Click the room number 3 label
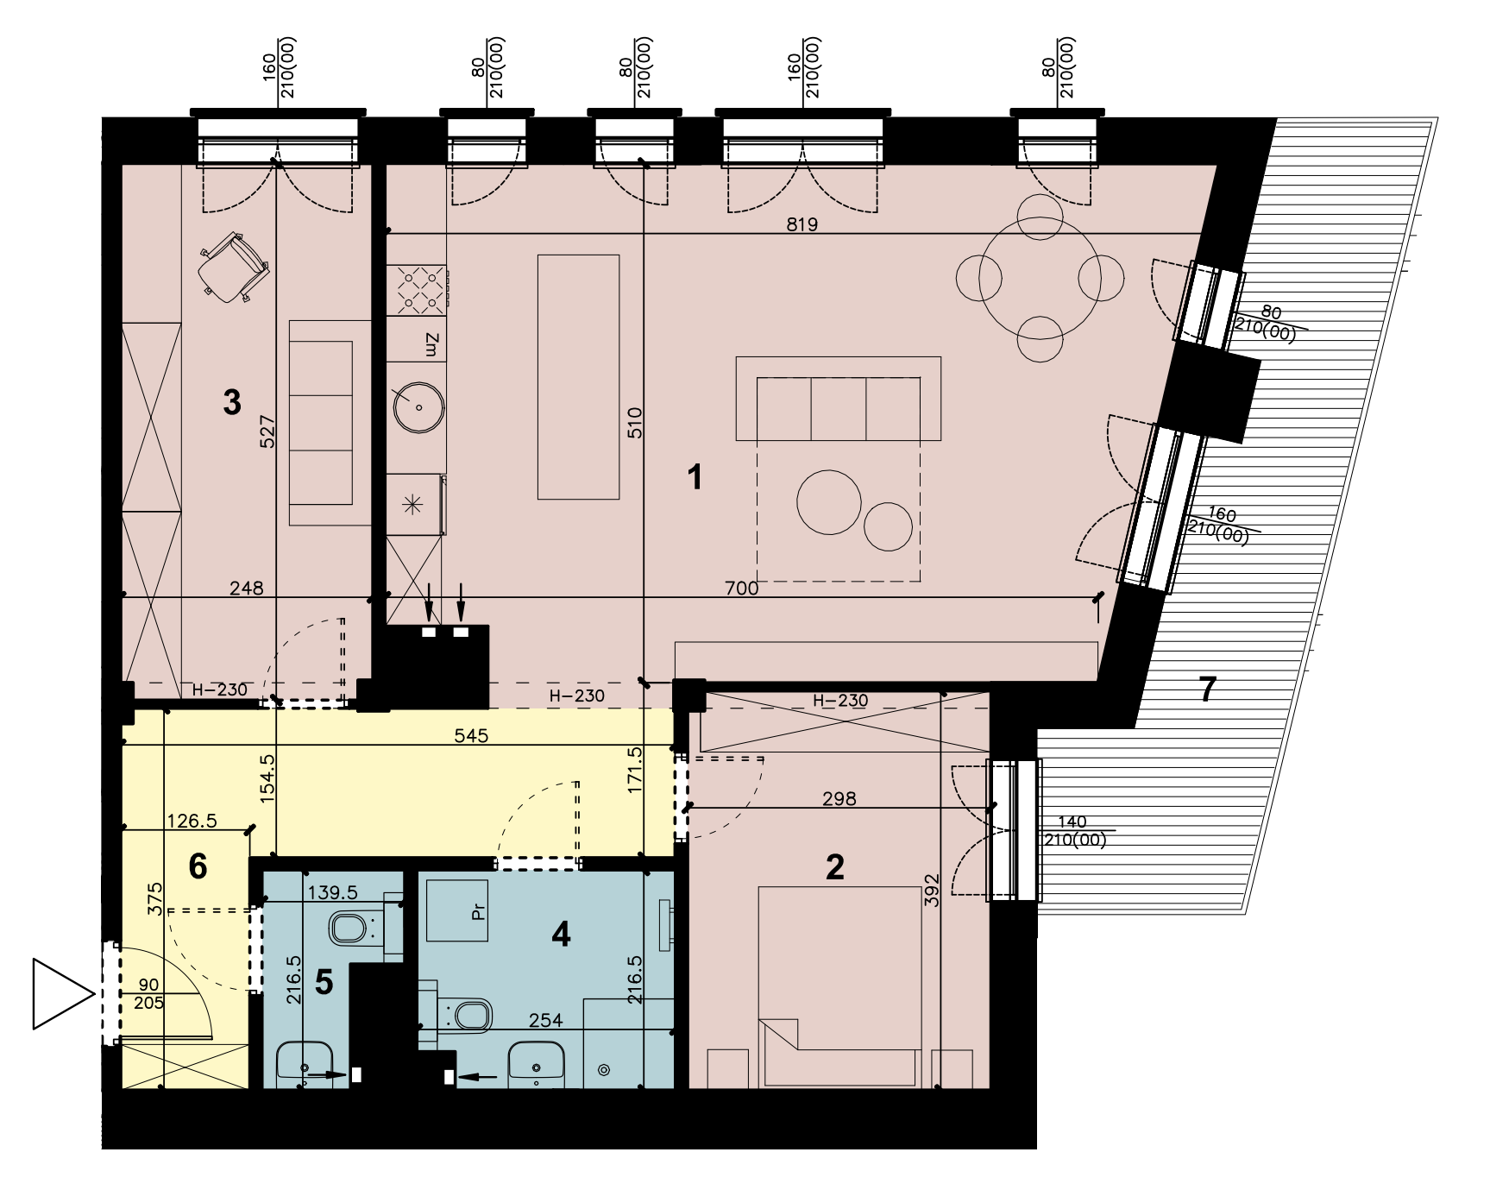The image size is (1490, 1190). [x=231, y=402]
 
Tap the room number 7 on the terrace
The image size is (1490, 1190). [x=1207, y=689]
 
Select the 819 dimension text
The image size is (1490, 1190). [x=802, y=224]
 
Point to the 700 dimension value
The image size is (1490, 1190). [x=741, y=589]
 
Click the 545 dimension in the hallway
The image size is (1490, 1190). [x=471, y=736]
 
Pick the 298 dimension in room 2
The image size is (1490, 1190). [x=839, y=798]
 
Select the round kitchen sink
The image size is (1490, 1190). [x=419, y=406]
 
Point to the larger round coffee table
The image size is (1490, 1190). [x=828, y=502]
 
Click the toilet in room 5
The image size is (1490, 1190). [x=357, y=929]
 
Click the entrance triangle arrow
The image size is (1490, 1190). [x=63, y=993]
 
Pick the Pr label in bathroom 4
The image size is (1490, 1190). [x=480, y=912]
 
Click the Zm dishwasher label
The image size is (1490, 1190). [x=432, y=346]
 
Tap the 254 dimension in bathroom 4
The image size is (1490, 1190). [x=545, y=1021]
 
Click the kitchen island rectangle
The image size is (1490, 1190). [x=578, y=377]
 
